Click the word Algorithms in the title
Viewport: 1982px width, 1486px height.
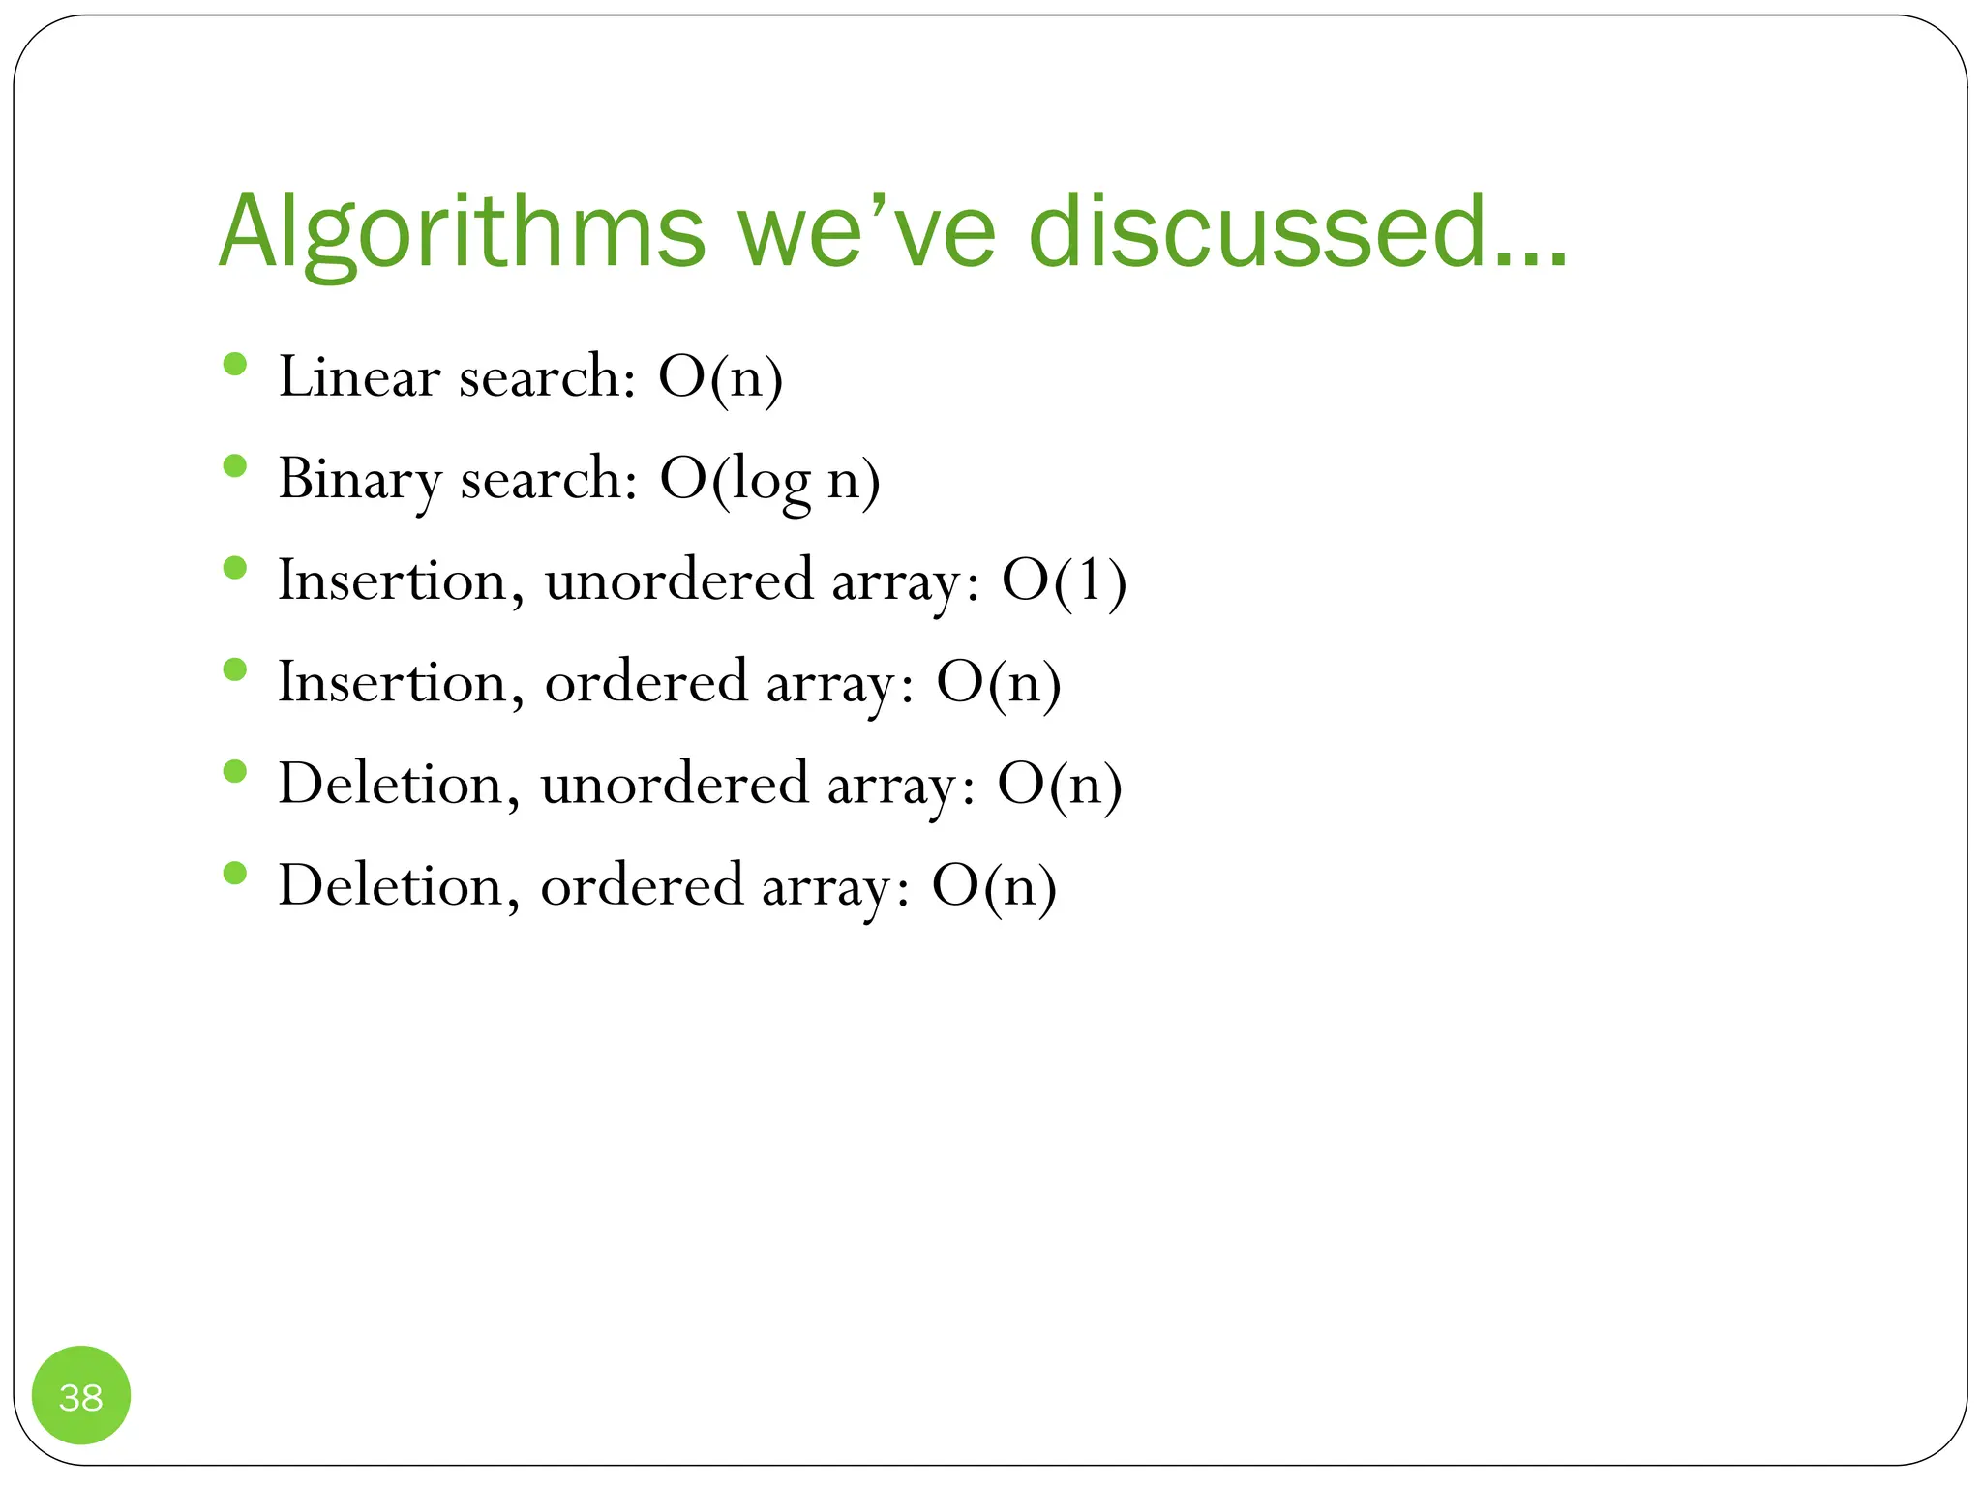pyautogui.click(x=463, y=232)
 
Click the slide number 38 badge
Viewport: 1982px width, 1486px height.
pyautogui.click(x=81, y=1396)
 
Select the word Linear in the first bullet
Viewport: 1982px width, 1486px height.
pyautogui.click(x=359, y=376)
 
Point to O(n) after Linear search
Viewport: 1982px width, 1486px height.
pyautogui.click(x=720, y=377)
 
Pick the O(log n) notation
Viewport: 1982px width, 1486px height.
pyautogui.click(x=769, y=480)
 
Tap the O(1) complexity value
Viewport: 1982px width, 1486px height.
pyautogui.click(x=1064, y=581)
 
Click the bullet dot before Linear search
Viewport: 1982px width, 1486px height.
pyautogui.click(x=235, y=365)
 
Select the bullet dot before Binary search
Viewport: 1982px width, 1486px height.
pyautogui.click(x=235, y=466)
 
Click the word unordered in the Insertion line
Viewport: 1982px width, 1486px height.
pyautogui.click(x=678, y=580)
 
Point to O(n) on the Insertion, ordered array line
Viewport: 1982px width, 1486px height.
pyautogui.click(x=998, y=683)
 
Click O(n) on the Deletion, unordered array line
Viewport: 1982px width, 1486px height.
pyautogui.click(x=1060, y=785)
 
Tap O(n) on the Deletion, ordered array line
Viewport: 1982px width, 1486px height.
pyautogui.click(x=994, y=886)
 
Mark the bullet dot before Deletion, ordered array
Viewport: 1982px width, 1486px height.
pyautogui.click(x=235, y=874)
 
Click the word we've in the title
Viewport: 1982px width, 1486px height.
pyautogui.click(x=866, y=232)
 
